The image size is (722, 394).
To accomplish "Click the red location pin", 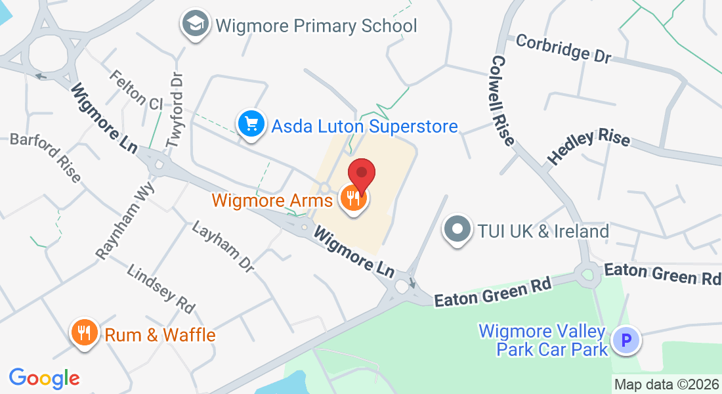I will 361,175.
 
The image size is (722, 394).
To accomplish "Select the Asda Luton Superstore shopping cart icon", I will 251,123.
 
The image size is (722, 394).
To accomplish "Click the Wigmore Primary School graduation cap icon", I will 195,24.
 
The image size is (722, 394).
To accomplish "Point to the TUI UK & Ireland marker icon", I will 457,230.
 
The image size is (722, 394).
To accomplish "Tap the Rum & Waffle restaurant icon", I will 84,333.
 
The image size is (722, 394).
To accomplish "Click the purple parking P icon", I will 625,341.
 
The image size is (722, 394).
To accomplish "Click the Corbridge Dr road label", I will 563,49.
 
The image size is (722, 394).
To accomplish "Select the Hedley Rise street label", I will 589,146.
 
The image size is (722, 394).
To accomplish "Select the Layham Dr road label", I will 223,246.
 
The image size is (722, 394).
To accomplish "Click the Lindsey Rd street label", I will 161,288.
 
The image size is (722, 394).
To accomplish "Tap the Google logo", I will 44,378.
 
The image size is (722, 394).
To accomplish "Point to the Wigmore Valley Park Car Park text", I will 544,339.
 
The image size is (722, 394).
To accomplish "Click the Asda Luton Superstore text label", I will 365,125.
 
